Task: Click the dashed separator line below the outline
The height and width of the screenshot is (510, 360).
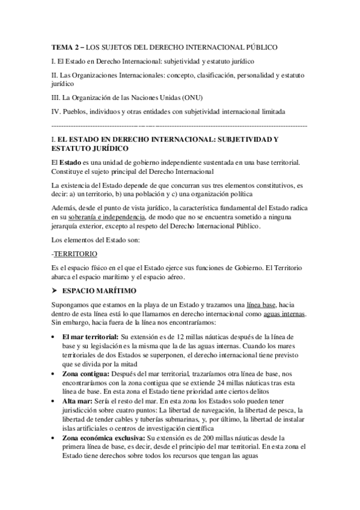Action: [180, 126]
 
